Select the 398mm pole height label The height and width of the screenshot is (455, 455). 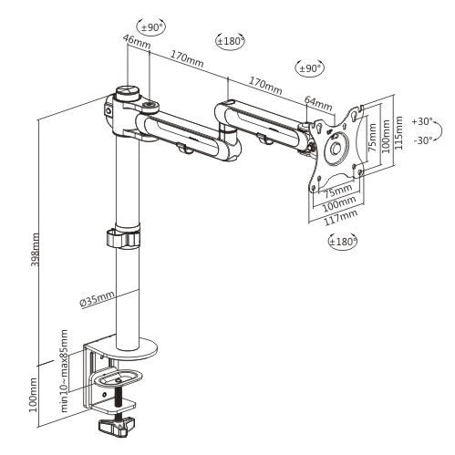coord(36,246)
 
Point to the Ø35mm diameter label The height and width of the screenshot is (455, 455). coord(97,296)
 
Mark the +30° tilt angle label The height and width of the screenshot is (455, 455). coord(422,120)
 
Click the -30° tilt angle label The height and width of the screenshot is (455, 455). coord(422,140)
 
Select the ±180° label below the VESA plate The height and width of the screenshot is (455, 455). coord(342,241)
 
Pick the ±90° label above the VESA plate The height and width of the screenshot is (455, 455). coord(309,68)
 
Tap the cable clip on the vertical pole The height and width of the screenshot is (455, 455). coord(120,238)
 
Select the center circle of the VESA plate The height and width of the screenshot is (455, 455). coord(336,147)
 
